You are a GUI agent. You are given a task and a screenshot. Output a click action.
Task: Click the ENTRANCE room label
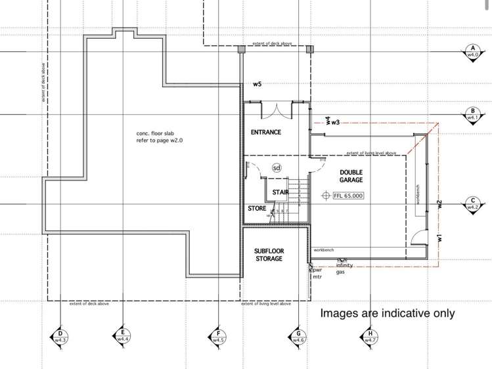click(x=266, y=132)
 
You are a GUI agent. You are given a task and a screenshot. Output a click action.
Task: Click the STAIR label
click(x=280, y=192)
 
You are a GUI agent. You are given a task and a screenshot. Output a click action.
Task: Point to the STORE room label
click(x=257, y=208)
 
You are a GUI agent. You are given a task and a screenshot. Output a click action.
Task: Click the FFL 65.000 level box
click(x=347, y=196)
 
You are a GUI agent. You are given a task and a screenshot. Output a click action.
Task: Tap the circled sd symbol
click(x=277, y=167)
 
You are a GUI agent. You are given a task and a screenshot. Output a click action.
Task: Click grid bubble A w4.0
click(x=472, y=52)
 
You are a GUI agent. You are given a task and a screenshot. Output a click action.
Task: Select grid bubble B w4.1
click(x=472, y=114)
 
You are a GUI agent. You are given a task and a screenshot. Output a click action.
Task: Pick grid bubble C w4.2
click(x=472, y=204)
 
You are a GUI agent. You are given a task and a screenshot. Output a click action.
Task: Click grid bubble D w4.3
click(x=60, y=337)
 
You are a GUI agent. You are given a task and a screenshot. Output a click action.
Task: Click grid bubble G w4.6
click(x=298, y=337)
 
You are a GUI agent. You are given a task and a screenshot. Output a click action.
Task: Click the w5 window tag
click(x=257, y=85)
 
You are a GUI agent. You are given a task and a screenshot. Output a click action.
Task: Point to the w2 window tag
click(x=440, y=205)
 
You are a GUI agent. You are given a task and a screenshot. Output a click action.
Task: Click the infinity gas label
click(x=345, y=269)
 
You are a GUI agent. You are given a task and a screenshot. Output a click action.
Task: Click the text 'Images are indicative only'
click(x=387, y=313)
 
